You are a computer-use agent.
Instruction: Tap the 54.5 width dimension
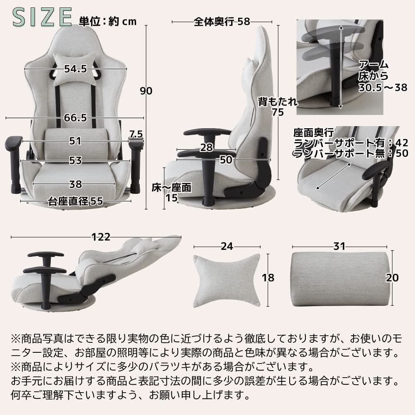(75, 69)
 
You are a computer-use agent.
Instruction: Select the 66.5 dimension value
(75, 118)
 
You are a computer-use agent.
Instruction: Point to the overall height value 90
(146, 91)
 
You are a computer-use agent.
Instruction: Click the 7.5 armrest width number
(136, 134)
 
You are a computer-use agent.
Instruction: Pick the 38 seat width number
(76, 184)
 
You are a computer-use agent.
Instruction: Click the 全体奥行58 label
(222, 22)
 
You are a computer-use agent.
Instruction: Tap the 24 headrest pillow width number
(226, 246)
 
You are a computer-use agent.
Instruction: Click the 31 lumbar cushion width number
(339, 246)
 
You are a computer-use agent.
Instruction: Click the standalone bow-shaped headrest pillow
(226, 277)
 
